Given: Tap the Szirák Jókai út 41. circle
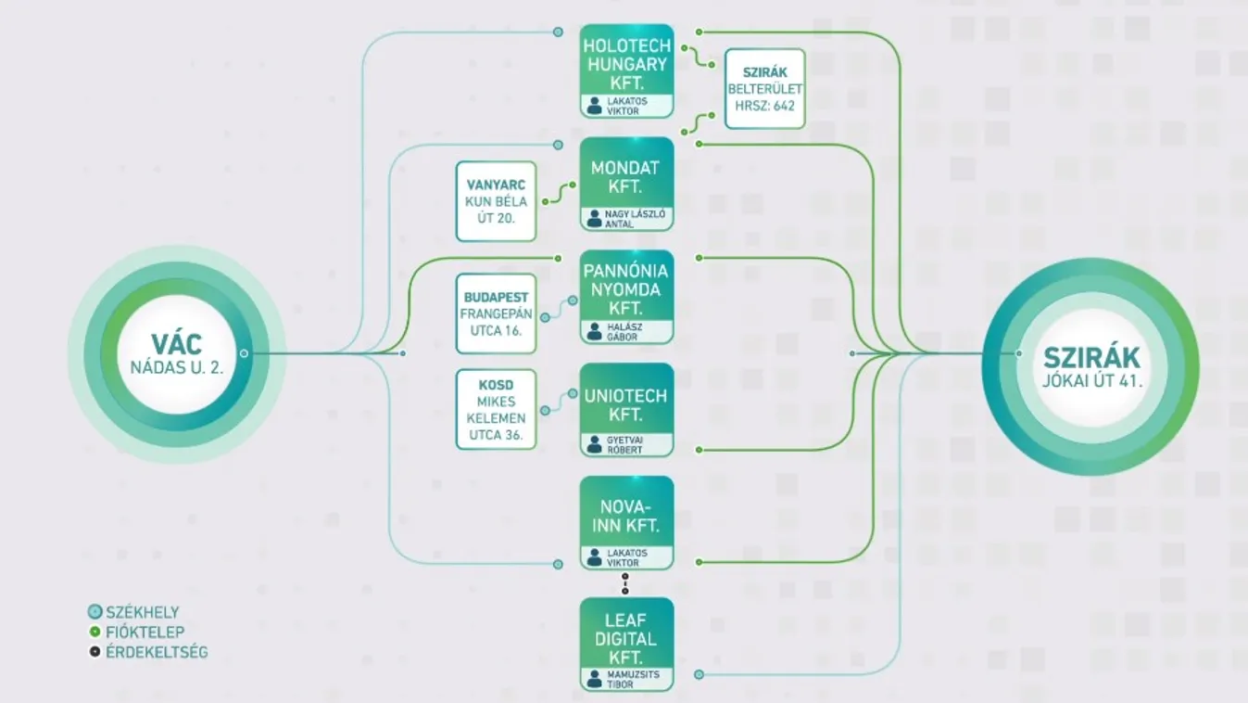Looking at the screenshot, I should point(1090,366).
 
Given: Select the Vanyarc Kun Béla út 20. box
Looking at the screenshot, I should point(496,201).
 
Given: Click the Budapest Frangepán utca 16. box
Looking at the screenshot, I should point(496,313).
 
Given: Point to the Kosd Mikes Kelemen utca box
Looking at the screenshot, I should point(496,409).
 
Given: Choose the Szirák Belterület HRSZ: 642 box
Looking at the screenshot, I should point(764,89).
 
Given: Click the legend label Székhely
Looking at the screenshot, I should point(143,612).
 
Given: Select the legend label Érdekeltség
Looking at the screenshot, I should point(156,652).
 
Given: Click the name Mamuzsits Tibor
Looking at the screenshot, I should point(634,679).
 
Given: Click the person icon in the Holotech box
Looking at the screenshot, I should point(594,107).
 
